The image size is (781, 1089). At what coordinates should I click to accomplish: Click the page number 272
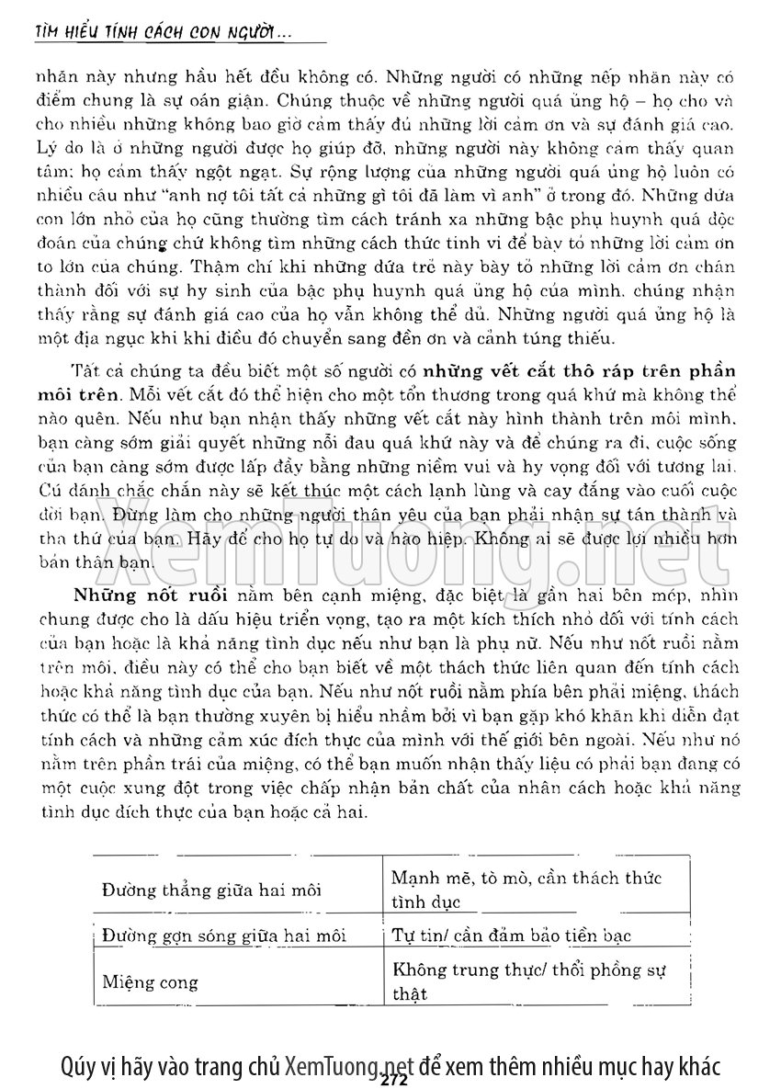point(392,1081)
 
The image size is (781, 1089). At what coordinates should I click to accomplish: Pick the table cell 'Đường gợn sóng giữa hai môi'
point(224,936)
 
